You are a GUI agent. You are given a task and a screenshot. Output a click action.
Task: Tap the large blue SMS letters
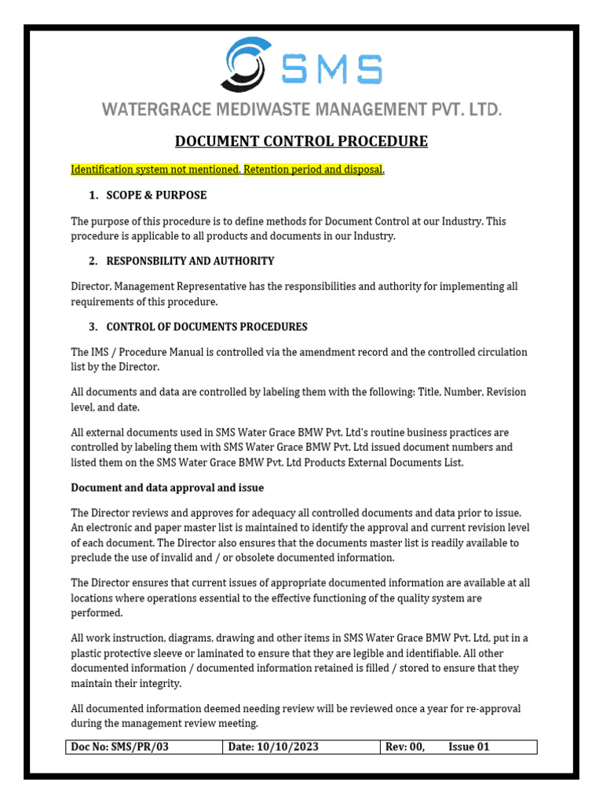332,70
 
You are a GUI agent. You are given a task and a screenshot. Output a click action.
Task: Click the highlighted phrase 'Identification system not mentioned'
154,170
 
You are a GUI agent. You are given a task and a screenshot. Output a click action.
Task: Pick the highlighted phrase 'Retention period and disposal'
312,170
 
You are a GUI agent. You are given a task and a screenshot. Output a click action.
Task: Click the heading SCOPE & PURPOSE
156,195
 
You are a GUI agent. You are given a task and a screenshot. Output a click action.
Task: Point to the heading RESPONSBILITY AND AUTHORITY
190,261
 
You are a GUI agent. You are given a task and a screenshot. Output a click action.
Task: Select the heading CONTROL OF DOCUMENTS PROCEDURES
206,327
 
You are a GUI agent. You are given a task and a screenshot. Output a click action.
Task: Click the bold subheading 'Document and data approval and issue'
167,488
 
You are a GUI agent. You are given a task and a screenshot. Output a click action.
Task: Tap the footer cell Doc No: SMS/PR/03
120,747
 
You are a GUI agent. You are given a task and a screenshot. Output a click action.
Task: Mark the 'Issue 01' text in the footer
469,747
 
